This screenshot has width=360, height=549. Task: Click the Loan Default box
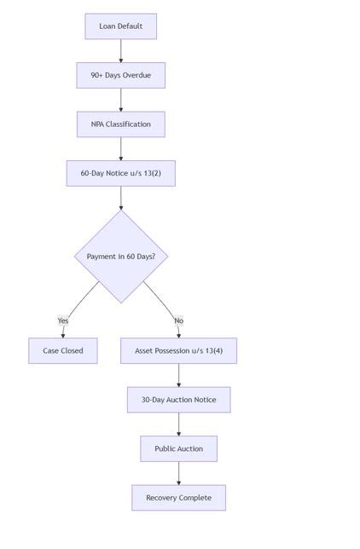[x=120, y=26]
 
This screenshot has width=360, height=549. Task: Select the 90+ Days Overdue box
[x=120, y=75]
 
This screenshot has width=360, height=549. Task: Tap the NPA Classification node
[x=120, y=124]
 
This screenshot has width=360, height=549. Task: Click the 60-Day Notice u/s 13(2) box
[x=120, y=173]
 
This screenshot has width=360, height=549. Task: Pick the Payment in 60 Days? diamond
[x=120, y=257]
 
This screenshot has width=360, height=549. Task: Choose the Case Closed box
[x=62, y=350]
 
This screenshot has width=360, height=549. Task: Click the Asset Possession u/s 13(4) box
[x=178, y=350]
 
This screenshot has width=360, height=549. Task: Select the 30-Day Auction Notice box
[x=178, y=400]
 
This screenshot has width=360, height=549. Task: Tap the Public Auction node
[x=178, y=448]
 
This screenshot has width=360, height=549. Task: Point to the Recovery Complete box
[x=178, y=498]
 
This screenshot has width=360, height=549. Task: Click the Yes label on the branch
[x=63, y=321]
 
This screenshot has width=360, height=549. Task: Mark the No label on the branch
[x=178, y=321]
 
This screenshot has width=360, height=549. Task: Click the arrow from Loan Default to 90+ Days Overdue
[x=120, y=50]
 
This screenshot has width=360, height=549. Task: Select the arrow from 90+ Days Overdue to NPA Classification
[x=120, y=100]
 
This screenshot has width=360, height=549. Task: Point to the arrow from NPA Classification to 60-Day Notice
[x=120, y=148]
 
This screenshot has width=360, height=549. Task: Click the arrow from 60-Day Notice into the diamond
[x=120, y=198]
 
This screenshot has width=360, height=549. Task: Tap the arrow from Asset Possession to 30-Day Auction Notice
[x=178, y=375]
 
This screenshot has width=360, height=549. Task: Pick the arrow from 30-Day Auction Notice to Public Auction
[x=178, y=424]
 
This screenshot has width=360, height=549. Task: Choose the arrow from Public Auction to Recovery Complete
[x=178, y=473]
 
